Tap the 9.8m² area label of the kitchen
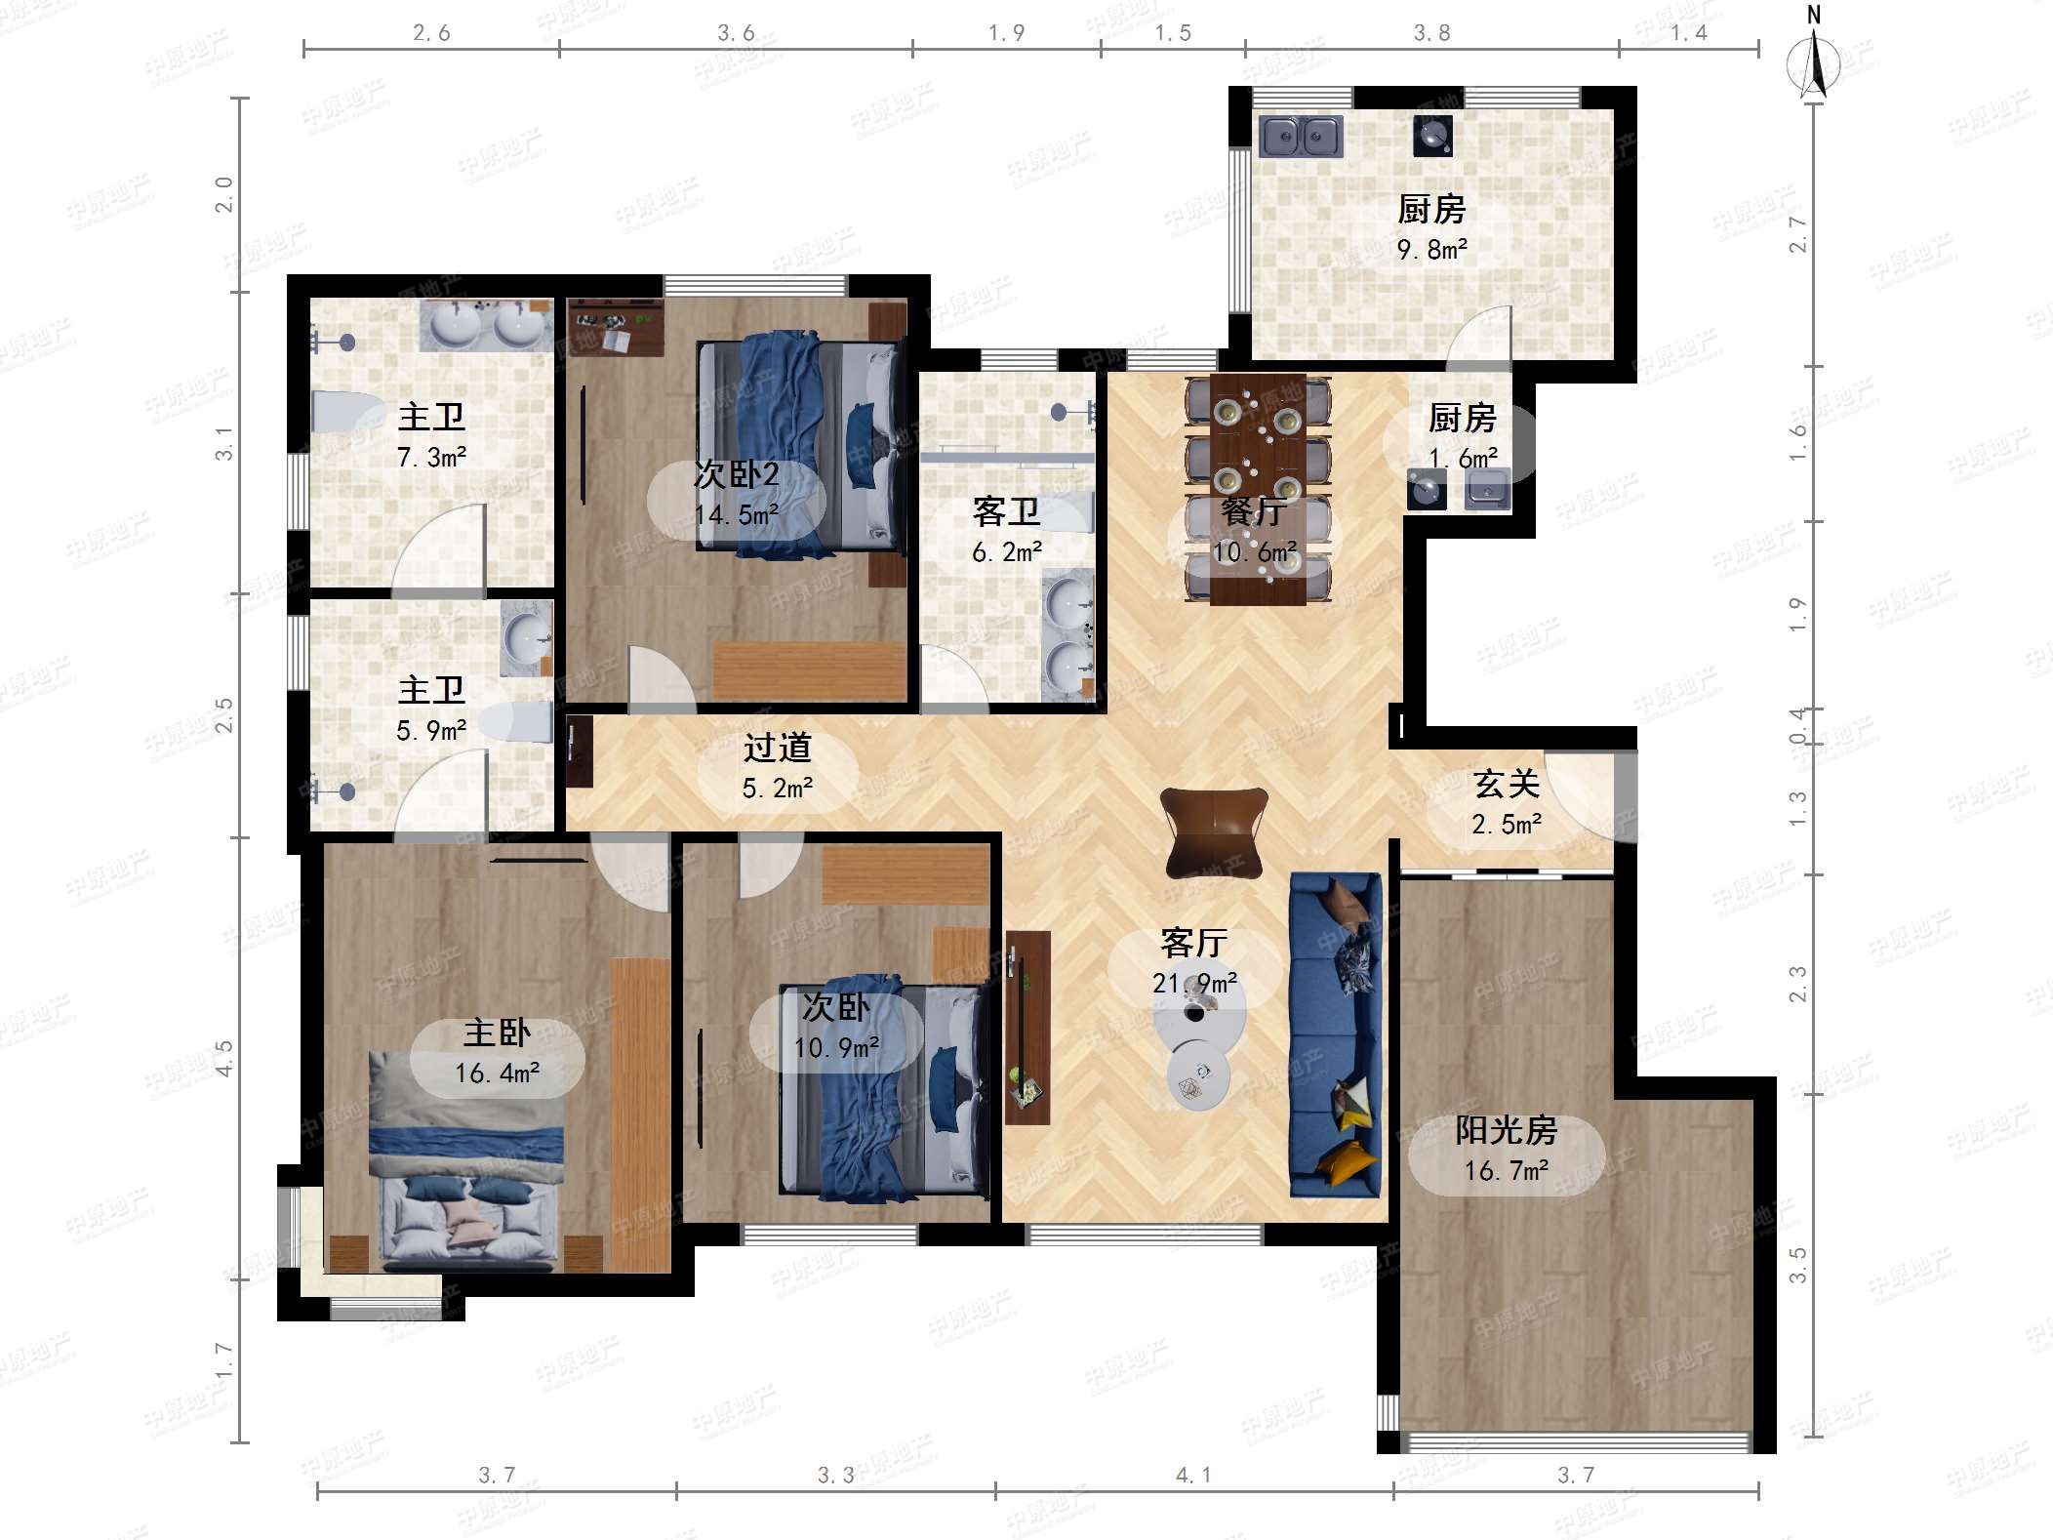click(1431, 250)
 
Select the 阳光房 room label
click(1506, 1130)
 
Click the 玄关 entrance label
click(1507, 784)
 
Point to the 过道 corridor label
click(777, 748)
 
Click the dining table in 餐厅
click(1258, 489)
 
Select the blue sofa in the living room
click(1336, 1034)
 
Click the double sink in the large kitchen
click(1301, 137)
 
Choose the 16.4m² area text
click(497, 1074)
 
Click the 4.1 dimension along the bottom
click(1192, 1475)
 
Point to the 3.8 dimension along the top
click(1431, 33)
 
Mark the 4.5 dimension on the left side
click(223, 1058)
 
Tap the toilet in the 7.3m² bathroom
click(347, 412)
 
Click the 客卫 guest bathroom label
click(1006, 510)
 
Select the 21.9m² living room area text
click(1194, 983)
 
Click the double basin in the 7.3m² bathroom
click(486, 325)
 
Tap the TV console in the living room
click(1027, 1028)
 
